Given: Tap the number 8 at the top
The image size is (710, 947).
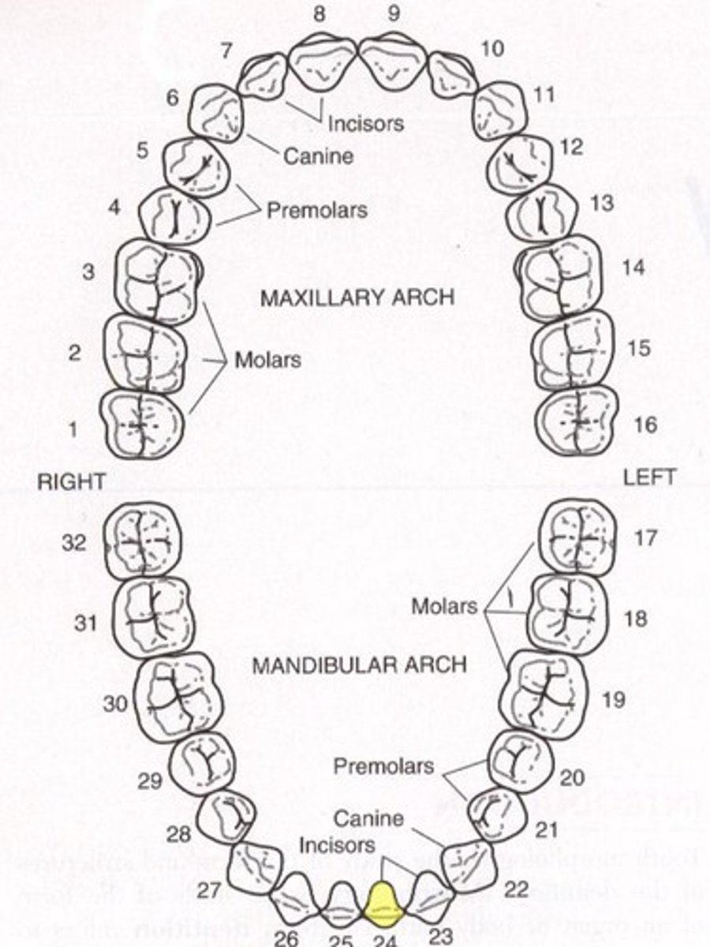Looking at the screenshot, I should click(x=319, y=14).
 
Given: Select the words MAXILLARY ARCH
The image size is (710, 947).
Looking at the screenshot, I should click(x=357, y=298).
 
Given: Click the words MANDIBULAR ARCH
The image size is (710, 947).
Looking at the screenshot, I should click(x=359, y=664).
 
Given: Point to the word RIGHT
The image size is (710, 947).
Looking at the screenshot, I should click(x=71, y=482).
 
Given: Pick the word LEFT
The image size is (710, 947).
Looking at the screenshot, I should click(x=648, y=477).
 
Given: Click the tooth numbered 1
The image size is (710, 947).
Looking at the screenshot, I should click(x=142, y=424).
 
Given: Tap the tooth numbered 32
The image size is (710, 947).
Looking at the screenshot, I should click(x=143, y=540).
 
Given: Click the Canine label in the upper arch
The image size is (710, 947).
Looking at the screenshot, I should click(x=318, y=155).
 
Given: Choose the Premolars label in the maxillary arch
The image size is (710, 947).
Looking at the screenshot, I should click(x=316, y=211).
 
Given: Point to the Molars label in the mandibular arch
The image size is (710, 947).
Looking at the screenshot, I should click(x=444, y=606).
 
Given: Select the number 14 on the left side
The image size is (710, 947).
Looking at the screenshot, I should click(x=632, y=268).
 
